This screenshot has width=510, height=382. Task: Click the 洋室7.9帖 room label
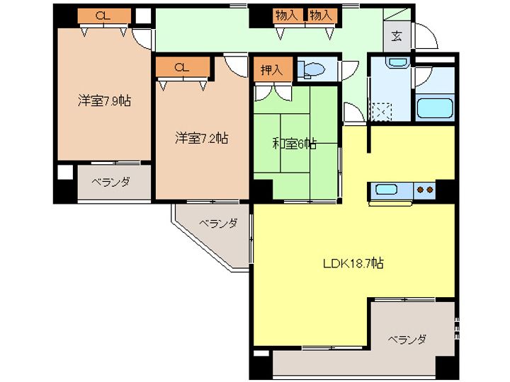click(x=104, y=100)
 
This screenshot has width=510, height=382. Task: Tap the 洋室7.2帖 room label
click(x=202, y=138)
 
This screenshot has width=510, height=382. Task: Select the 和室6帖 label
click(x=295, y=143)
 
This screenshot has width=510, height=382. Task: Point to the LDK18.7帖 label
click(x=353, y=262)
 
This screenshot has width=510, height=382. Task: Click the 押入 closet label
click(x=271, y=69)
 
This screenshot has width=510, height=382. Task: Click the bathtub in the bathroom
click(x=435, y=108)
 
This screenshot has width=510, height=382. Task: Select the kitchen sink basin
click(x=386, y=189)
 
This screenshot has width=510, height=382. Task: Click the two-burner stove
click(x=425, y=189)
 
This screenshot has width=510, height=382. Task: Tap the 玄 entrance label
click(x=396, y=36)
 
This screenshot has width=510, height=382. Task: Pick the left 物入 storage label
click(x=287, y=15)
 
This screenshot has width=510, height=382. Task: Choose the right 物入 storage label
click(x=321, y=15)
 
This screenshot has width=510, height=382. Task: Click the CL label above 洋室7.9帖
click(x=103, y=16)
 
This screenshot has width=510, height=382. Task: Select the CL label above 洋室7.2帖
click(x=182, y=68)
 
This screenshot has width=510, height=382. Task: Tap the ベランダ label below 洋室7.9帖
click(x=111, y=182)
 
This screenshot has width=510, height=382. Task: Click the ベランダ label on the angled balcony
click(x=218, y=224)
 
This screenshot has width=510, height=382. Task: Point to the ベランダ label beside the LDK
click(x=407, y=340)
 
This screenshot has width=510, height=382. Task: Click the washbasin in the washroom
click(x=397, y=62)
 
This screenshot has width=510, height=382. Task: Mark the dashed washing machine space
click(x=381, y=112)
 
